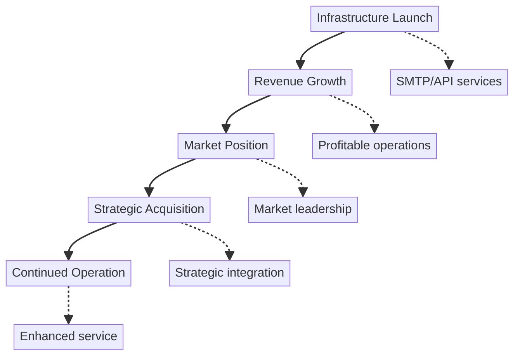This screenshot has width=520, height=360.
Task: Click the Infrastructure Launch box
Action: pos(374,19)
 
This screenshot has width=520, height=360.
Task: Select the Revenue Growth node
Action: pos(300,82)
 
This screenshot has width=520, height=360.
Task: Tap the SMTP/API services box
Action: pos(449,82)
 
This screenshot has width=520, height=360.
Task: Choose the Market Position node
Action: pos(226,146)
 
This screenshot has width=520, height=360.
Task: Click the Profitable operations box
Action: pos(374,146)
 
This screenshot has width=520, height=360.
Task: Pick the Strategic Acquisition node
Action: pos(149,209)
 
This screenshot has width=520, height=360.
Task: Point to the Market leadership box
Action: pos(303,209)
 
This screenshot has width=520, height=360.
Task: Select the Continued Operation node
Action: pos(68,273)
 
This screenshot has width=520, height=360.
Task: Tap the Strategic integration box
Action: pos(229,273)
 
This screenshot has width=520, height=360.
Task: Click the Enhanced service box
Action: pos(68,337)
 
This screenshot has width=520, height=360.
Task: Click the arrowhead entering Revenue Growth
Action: pos(300,65)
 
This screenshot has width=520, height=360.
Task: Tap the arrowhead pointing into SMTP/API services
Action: pos(449,65)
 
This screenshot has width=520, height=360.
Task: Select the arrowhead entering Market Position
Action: pos(226,129)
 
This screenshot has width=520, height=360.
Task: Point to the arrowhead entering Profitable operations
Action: pos(374,129)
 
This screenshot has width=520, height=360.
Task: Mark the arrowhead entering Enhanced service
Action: pos(68,320)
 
